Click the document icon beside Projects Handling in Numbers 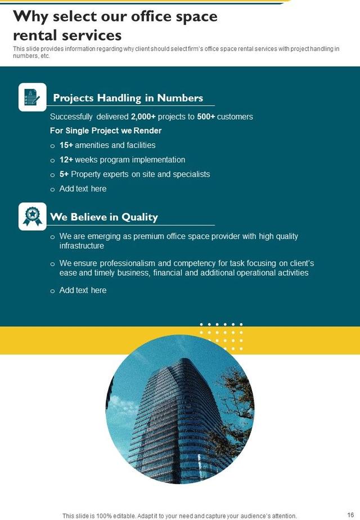pos(33,97)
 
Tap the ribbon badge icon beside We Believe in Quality pos(33,216)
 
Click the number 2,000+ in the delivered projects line pos(143,117)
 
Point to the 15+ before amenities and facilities pos(66,145)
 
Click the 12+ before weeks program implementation pos(66,160)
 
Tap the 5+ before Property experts pos(64,174)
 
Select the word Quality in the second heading pos(139,217)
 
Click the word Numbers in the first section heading pos(180,98)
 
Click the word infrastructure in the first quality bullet pos(82,246)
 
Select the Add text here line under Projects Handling pos(83,189)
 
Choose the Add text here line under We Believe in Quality pos(83,290)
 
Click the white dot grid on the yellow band pos(222,333)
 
